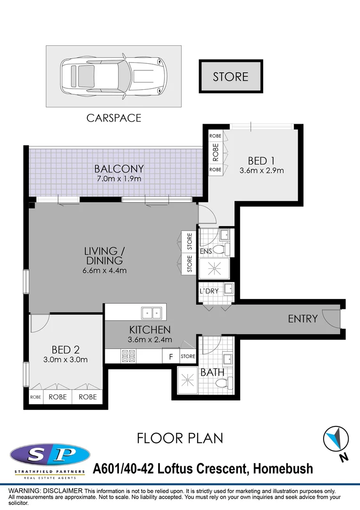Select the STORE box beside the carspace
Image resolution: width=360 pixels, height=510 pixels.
tap(230, 76)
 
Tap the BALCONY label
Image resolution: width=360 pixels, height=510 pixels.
tap(119, 169)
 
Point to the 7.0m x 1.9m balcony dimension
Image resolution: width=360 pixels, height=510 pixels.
tap(119, 179)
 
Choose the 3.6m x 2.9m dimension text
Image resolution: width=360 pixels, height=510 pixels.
tap(261, 170)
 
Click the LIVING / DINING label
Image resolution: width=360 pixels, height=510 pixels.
tap(104, 255)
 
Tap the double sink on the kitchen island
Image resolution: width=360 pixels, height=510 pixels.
tap(152, 312)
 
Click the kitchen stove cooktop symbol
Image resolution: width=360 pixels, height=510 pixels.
tap(128, 356)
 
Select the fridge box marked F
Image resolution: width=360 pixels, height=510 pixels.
tap(170, 356)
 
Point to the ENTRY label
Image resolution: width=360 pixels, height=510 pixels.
tap(302, 319)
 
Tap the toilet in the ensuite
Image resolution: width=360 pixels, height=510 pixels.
tap(220, 249)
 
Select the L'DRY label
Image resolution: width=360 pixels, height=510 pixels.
tap(209, 291)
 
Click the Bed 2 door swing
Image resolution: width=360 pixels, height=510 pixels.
tap(39, 323)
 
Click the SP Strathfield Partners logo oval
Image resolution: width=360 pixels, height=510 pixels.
tap(50, 455)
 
